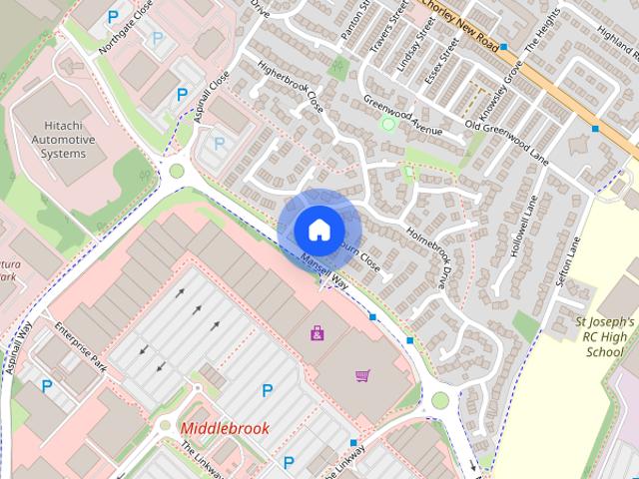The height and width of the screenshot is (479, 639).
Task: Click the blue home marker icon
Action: tap(318, 229)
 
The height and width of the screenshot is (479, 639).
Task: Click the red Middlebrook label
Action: tap(225, 428)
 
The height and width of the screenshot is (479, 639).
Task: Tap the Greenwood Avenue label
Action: tap(402, 116)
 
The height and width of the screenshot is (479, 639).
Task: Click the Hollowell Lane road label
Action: tap(518, 229)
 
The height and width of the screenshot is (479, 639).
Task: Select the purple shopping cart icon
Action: tap(362, 375)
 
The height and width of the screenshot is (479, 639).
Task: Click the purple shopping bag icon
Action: tap(318, 332)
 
